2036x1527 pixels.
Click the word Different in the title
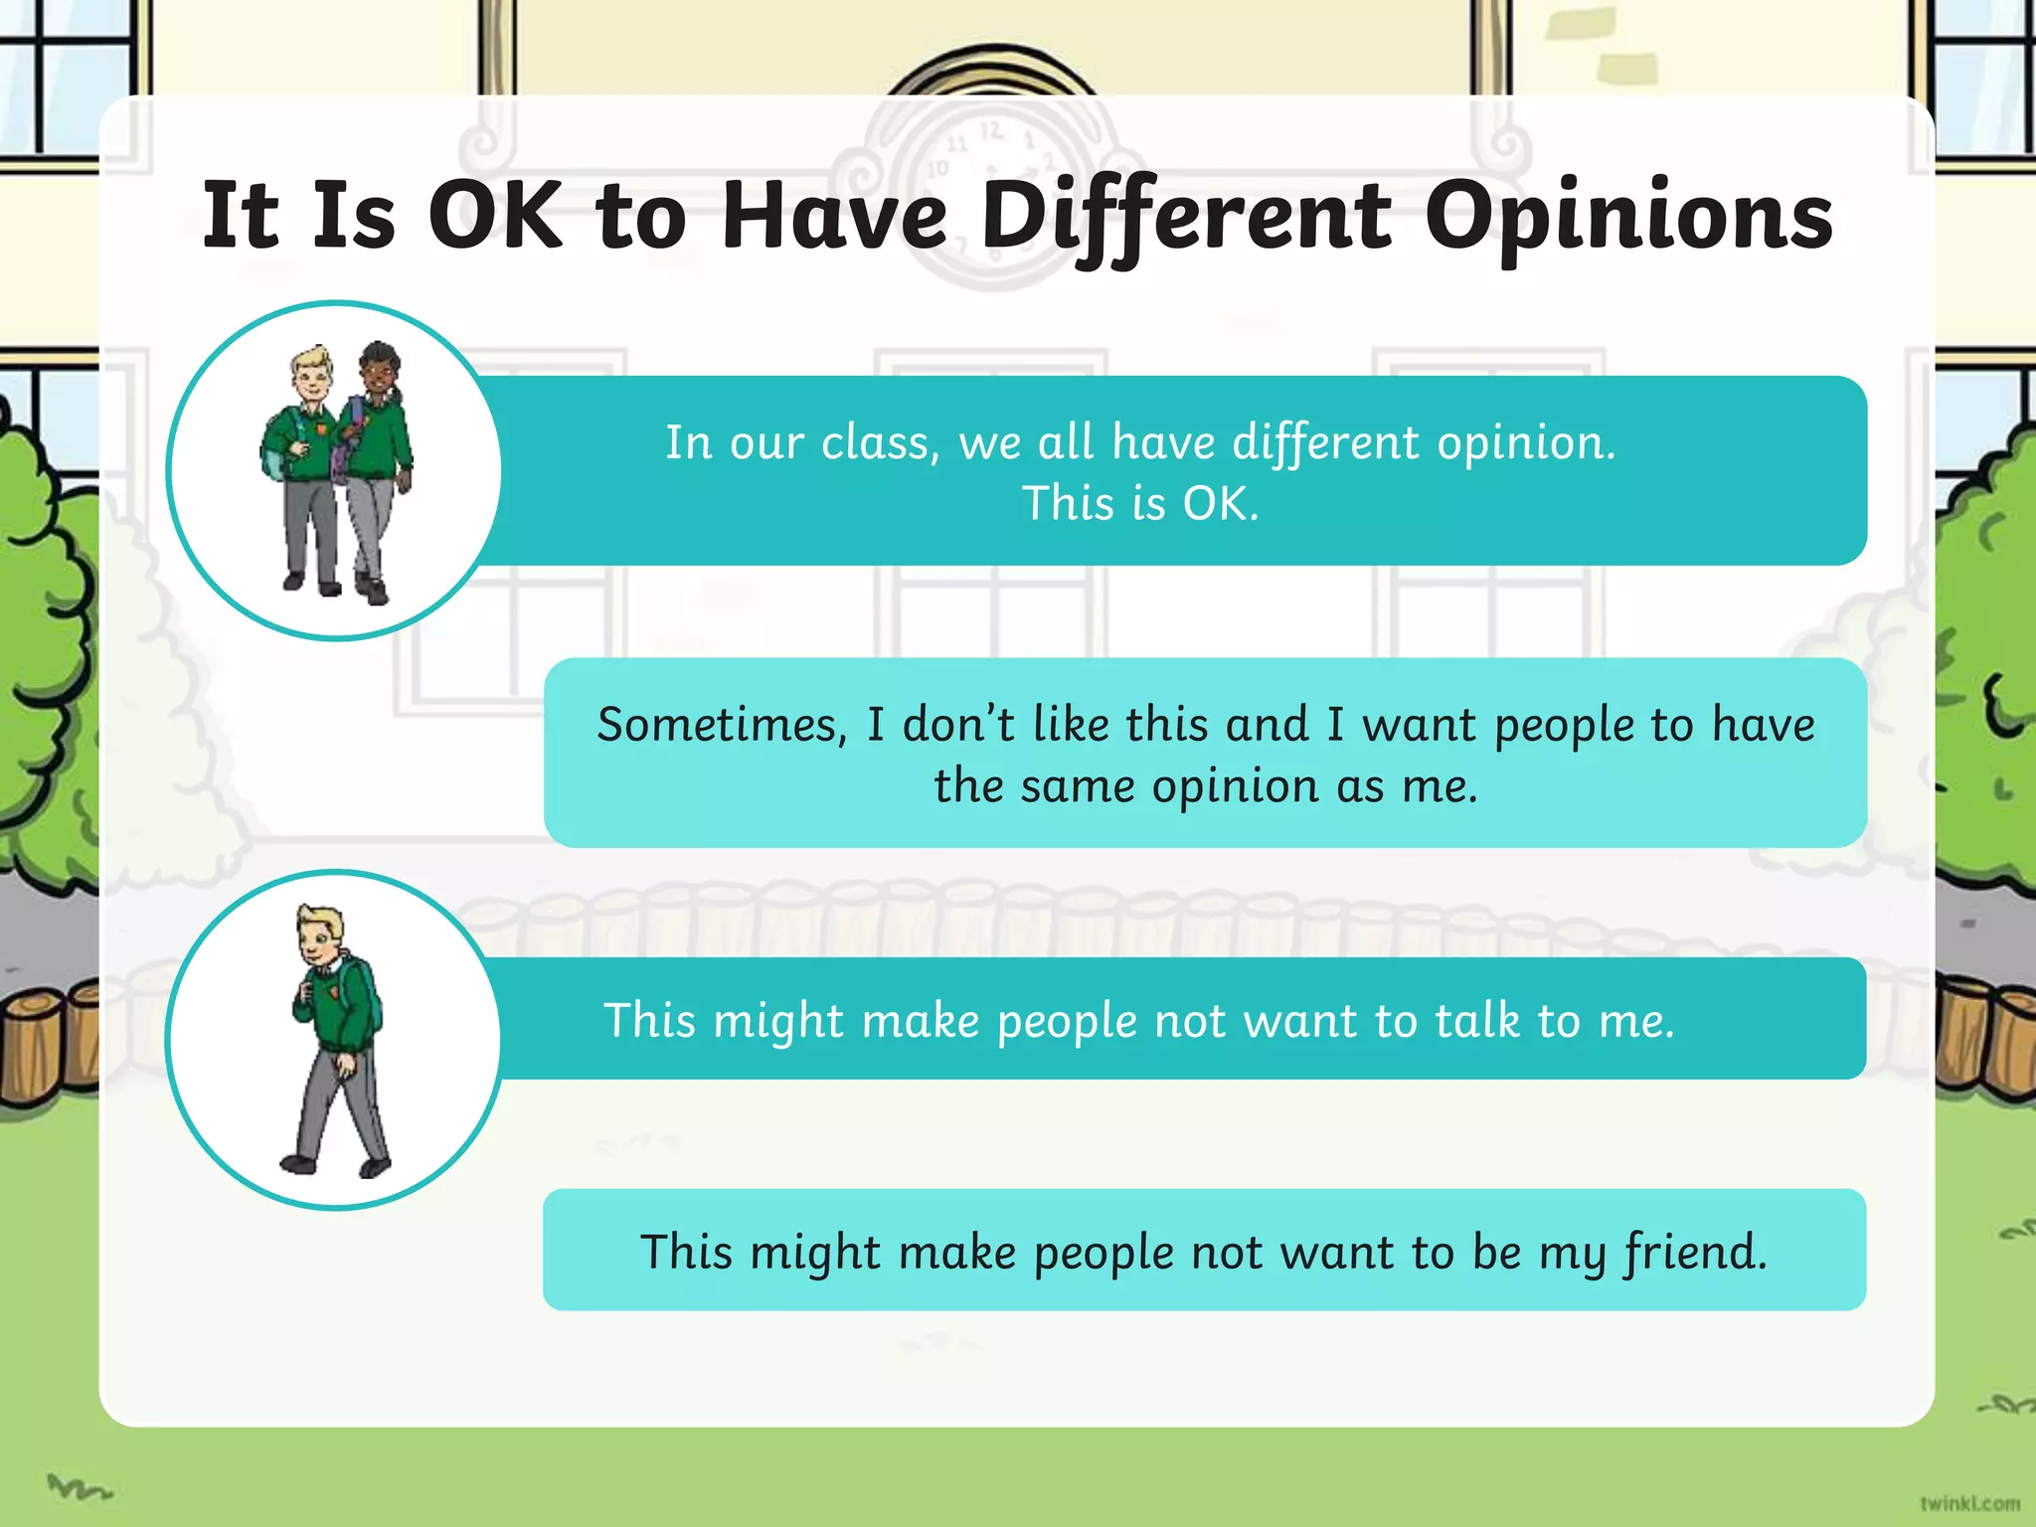click(1186, 217)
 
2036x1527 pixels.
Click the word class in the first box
click(879, 442)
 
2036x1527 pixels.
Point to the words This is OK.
click(1140, 503)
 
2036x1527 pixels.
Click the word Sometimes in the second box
click(722, 725)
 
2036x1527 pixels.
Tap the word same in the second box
click(1077, 786)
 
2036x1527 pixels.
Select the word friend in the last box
click(1694, 1252)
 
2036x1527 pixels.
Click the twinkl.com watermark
click(1969, 1503)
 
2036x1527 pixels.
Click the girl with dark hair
click(378, 467)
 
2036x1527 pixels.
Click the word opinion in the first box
click(1521, 442)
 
